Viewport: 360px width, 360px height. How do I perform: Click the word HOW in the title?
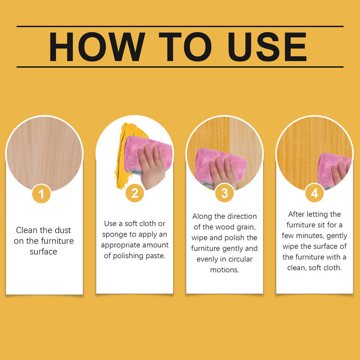coord(97,47)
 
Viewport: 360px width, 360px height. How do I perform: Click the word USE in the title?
coord(267,47)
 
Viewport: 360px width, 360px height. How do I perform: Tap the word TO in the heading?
coord(185,47)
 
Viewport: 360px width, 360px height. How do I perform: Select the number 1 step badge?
coord(41,193)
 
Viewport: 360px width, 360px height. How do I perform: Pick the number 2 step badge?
coord(135,193)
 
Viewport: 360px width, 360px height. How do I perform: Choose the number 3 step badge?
coord(225,193)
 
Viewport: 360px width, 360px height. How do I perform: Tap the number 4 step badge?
coord(315,193)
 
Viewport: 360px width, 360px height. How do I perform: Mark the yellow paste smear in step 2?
coord(125,154)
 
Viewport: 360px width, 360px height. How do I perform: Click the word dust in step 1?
coord(62,230)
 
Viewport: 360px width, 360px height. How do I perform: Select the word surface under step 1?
coord(43,252)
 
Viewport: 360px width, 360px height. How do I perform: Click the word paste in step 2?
coord(155,256)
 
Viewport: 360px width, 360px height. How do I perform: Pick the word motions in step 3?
coord(225,270)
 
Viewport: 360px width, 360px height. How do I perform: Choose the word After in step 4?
coord(297,214)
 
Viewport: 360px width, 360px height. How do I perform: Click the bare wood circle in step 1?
coord(44,153)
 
